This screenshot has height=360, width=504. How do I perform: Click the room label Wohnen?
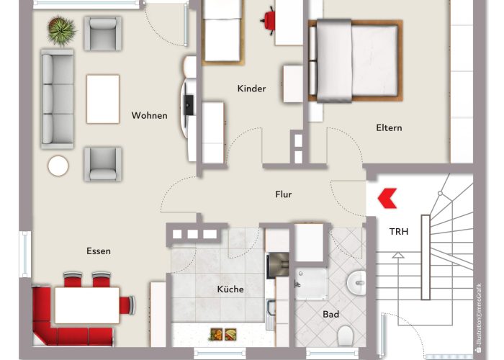[x=149, y=115]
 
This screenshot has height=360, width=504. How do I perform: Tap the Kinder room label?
[x=251, y=89]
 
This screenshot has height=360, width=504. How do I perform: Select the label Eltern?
[x=389, y=127]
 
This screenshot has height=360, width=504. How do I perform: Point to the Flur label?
[x=284, y=194]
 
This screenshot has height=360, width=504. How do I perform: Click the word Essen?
[x=98, y=251]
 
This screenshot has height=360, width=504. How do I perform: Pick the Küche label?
[x=230, y=289]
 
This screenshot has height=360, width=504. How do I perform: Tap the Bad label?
[x=331, y=315]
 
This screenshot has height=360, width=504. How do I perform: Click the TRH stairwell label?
[x=399, y=232]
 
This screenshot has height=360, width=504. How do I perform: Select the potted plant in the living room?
[x=61, y=30]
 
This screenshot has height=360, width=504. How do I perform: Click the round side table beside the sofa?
[x=58, y=166]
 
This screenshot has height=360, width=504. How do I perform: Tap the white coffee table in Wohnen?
[x=103, y=99]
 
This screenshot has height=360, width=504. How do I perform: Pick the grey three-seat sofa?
[x=58, y=99]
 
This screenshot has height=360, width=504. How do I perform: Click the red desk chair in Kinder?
[x=269, y=19]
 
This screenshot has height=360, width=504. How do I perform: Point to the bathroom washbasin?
[x=357, y=282]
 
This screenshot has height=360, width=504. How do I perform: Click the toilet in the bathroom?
[x=345, y=334]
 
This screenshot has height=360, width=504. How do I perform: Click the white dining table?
[x=87, y=305]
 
